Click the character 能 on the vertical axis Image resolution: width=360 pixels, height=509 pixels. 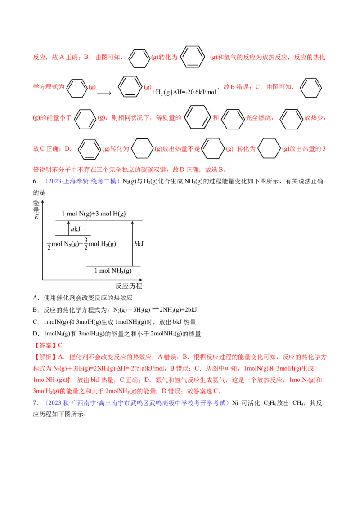(36, 203)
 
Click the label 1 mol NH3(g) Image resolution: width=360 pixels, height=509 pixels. (113, 271)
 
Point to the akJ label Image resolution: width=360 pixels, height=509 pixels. (75, 229)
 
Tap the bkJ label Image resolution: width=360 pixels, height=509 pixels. (139, 244)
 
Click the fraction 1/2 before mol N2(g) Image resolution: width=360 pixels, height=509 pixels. (49, 244)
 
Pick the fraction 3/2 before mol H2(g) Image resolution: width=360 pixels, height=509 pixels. (85, 244)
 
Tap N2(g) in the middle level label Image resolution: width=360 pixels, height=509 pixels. (71, 244)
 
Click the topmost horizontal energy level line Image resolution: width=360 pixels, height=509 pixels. (99, 221)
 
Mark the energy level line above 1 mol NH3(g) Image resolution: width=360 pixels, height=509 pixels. (113, 266)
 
